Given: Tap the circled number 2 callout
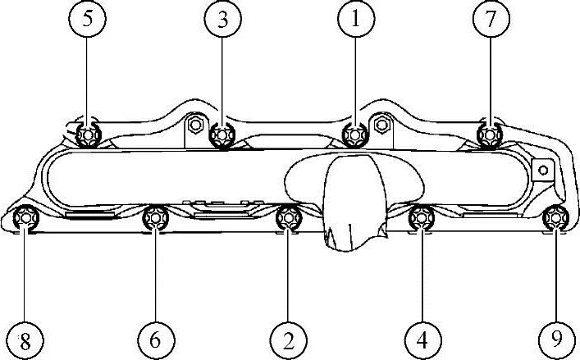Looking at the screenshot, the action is tap(288, 338).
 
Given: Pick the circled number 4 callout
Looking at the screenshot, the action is tap(422, 338).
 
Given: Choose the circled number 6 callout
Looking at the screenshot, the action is tap(156, 338).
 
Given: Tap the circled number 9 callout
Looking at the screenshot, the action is tap(555, 338).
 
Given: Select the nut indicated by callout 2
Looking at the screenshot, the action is tap(288, 218).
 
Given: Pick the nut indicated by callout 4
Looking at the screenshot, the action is tap(421, 217).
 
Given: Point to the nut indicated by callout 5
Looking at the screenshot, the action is tap(88, 134).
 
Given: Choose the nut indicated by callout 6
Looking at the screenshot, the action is tap(156, 218).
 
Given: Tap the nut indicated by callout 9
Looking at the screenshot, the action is tap(555, 217).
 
